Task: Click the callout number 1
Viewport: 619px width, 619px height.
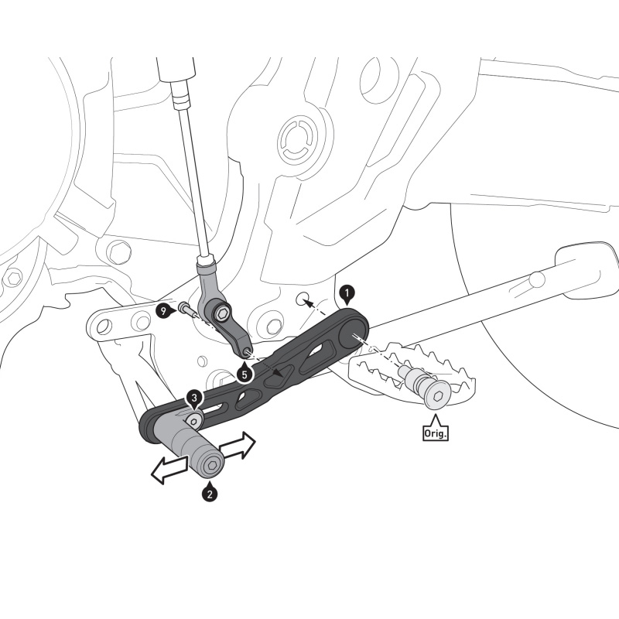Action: [347, 293]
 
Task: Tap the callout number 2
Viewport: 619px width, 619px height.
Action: [208, 491]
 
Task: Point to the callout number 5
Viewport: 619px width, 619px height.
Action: [245, 374]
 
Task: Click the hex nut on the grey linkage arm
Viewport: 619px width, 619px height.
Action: [223, 313]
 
